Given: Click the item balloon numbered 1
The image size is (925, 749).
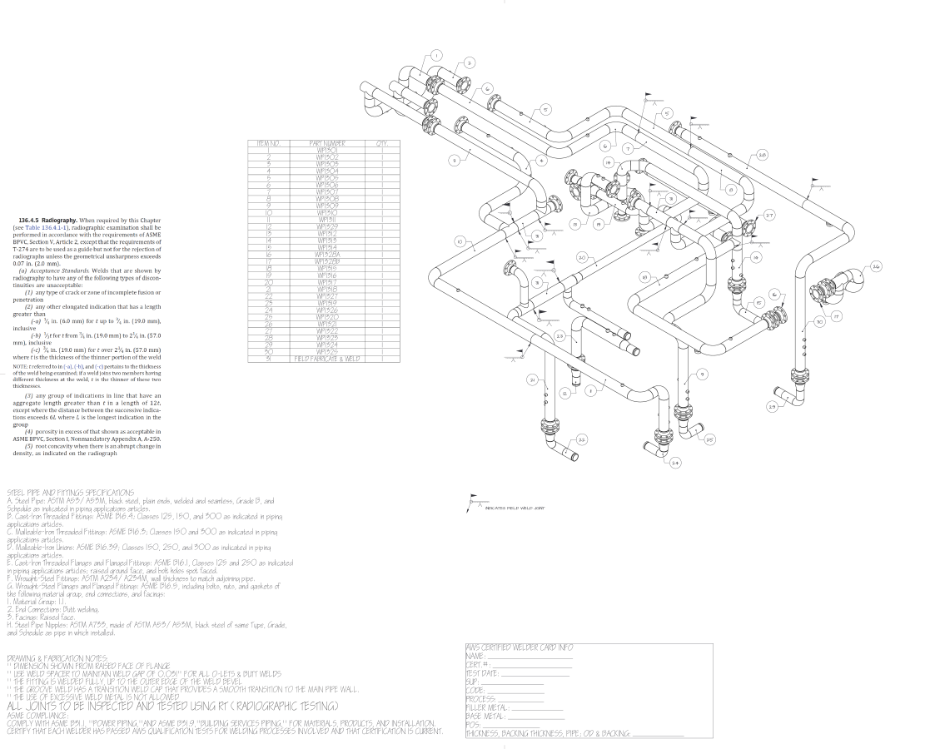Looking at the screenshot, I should (x=435, y=56).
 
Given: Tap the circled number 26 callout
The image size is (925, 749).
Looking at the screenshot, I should (x=876, y=267).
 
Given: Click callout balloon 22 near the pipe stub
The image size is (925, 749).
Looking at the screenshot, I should (x=582, y=439).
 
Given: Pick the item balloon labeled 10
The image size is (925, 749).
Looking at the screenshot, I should (x=459, y=241).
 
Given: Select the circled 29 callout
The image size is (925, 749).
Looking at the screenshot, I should (x=772, y=406).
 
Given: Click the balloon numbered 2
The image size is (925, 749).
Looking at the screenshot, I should (x=469, y=62).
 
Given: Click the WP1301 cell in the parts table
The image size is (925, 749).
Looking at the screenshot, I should (x=326, y=150).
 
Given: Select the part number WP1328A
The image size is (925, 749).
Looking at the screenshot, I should (x=326, y=254).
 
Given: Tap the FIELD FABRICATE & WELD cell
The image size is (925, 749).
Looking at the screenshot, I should (x=327, y=358).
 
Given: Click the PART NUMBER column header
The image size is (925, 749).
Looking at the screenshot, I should (x=326, y=143).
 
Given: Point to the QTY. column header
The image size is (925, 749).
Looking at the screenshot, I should (x=382, y=143).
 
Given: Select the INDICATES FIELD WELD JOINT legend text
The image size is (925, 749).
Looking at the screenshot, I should (x=515, y=508).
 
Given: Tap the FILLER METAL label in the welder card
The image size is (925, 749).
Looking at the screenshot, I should (x=487, y=707).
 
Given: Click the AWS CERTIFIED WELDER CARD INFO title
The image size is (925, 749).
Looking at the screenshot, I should (x=520, y=647).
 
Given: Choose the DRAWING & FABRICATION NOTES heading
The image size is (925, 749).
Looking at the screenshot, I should (x=52, y=657).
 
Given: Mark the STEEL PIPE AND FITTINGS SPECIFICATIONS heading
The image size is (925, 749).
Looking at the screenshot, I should (x=71, y=493).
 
